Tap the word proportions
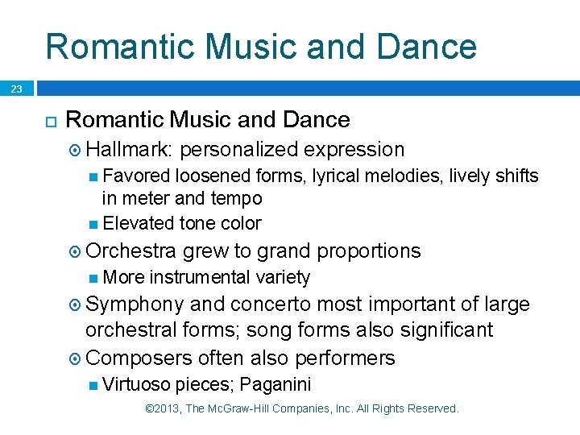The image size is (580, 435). pyautogui.click(x=369, y=251)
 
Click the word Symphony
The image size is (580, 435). pyautogui.click(x=134, y=304)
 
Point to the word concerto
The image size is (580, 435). pyautogui.click(x=271, y=304)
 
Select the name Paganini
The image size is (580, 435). pyautogui.click(x=275, y=383)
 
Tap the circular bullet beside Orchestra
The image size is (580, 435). pyautogui.click(x=74, y=252)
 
